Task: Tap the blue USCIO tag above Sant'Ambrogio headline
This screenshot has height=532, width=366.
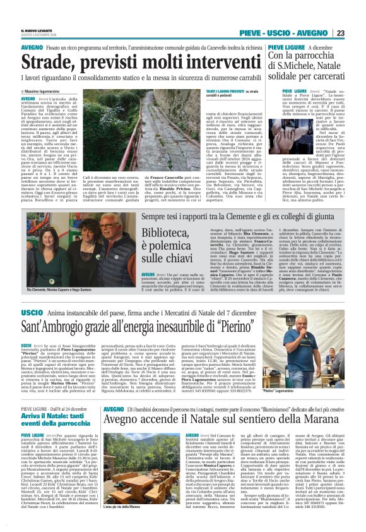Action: [x=31, y=313]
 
